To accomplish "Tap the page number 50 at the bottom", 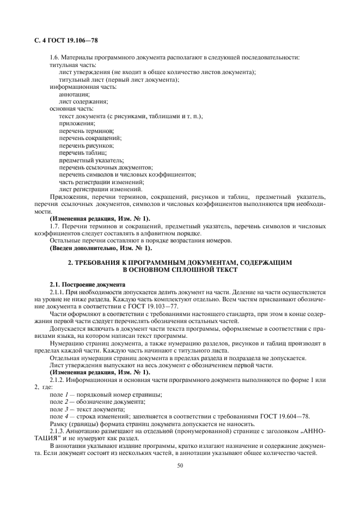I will tap(179, 466).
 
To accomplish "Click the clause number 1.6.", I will tap(55, 58).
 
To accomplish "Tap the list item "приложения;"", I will tap(76, 124).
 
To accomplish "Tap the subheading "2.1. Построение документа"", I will tap(87, 284).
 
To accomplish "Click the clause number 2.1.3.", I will tap(58, 430).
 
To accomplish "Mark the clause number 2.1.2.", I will tap(58, 379).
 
